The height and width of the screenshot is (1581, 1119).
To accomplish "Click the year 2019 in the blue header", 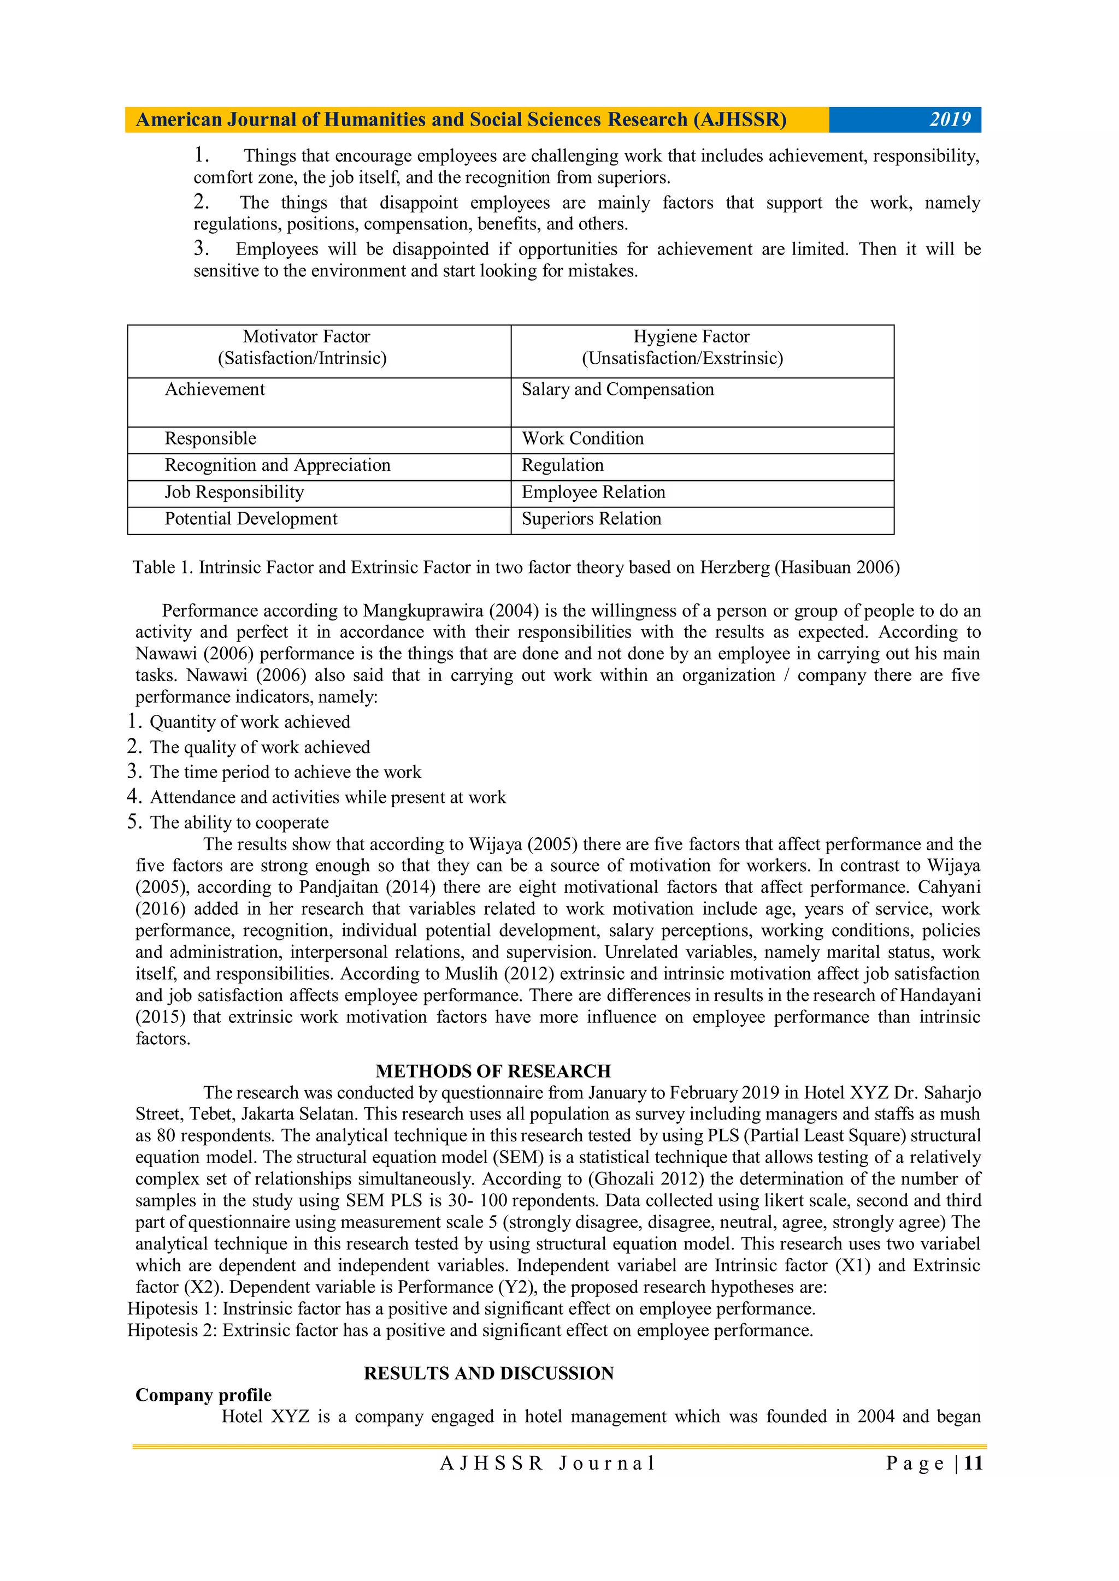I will tap(950, 120).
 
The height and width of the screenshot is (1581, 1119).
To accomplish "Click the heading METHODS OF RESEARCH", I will tap(493, 1071).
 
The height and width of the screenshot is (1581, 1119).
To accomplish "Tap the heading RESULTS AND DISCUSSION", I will tap(488, 1373).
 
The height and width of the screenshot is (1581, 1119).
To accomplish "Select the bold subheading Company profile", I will tap(203, 1395).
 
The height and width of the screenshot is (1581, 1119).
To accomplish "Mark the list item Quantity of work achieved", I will tap(250, 723).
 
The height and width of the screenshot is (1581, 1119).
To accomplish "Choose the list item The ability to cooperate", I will tap(239, 823).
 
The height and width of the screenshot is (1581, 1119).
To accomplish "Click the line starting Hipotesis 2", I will tap(470, 1330).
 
